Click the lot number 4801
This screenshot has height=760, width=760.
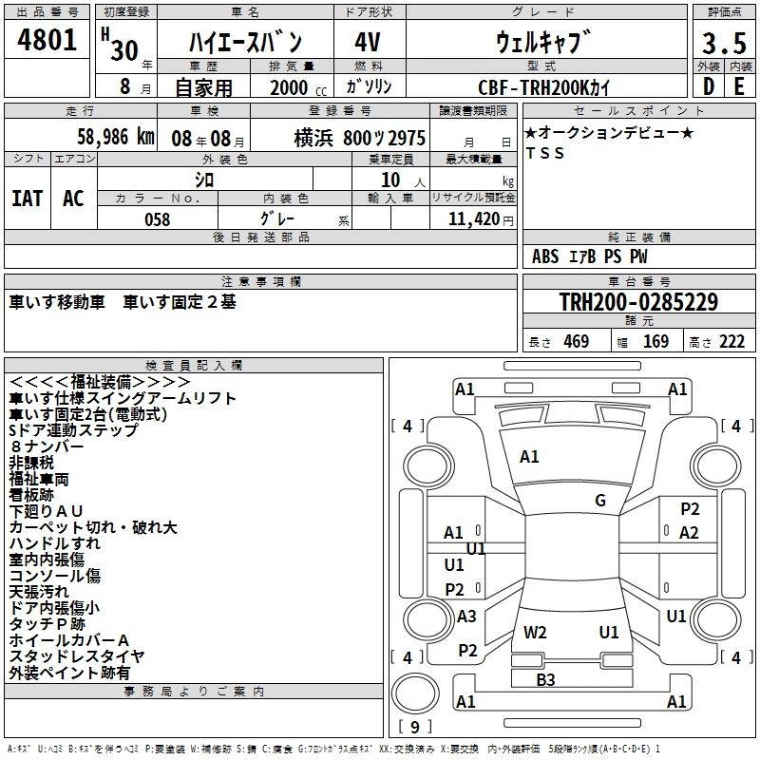click(47, 40)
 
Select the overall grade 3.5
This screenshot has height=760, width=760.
click(724, 43)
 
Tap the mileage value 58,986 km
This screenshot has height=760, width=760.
click(116, 137)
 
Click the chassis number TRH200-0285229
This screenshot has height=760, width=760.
click(638, 301)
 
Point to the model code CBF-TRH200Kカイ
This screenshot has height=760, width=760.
click(543, 87)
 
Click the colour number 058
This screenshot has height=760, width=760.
click(158, 219)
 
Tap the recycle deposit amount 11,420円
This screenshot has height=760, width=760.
click(481, 219)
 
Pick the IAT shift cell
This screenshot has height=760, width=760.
click(28, 199)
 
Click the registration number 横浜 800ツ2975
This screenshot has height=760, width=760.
click(360, 138)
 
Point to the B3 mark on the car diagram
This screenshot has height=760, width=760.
click(545, 679)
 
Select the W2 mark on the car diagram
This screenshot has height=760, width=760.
click(535, 632)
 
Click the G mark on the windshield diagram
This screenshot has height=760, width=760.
click(600, 500)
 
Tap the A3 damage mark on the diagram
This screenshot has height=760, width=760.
click(466, 616)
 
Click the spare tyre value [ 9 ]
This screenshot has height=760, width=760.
click(415, 727)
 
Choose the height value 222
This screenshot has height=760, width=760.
click(731, 342)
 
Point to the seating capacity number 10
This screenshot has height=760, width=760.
click(390, 180)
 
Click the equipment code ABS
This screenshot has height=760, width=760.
click(545, 256)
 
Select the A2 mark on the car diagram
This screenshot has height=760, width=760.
click(689, 533)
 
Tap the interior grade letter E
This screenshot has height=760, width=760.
click(739, 86)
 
